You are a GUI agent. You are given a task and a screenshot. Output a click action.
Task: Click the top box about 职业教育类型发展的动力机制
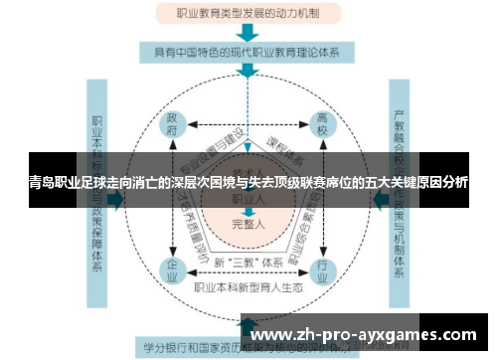tap(248, 14)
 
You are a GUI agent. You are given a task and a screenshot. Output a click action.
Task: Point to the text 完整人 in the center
tap(248, 226)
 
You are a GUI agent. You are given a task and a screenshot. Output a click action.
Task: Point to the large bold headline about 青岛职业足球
tap(248, 183)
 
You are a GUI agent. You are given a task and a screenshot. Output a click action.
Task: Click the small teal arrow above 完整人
tap(248, 212)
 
